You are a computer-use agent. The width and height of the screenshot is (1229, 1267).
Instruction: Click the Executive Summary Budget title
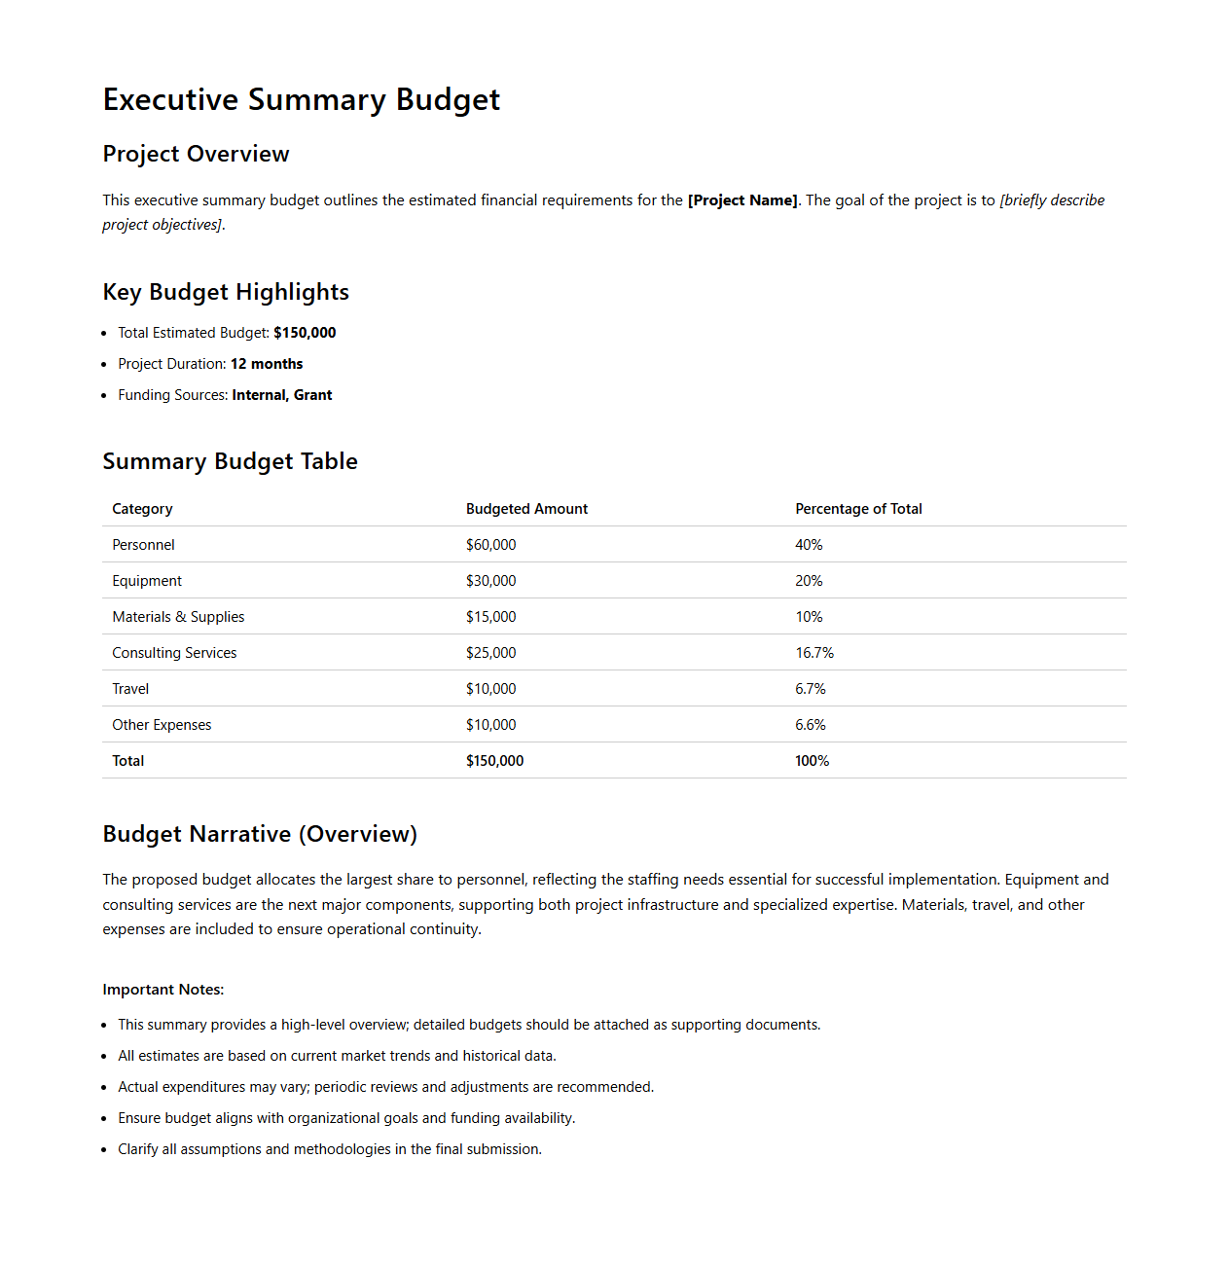(301, 100)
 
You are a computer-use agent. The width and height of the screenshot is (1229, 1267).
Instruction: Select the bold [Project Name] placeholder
(742, 200)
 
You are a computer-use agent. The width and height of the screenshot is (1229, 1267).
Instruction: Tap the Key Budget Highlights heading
(226, 293)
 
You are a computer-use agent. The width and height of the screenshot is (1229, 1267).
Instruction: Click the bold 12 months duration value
(267, 364)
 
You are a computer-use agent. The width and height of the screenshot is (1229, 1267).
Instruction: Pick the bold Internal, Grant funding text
(282, 395)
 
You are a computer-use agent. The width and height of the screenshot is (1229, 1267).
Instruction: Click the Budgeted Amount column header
(526, 509)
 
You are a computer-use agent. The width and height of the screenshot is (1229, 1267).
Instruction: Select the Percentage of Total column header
(858, 509)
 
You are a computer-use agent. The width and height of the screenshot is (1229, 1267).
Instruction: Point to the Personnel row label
(143, 545)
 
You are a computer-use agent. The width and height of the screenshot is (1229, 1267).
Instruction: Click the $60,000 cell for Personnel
(490, 545)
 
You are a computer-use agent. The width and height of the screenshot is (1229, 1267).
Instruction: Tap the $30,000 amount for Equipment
(490, 581)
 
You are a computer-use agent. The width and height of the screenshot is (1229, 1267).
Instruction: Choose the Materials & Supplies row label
(178, 617)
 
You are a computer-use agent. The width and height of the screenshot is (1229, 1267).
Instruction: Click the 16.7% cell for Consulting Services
(814, 653)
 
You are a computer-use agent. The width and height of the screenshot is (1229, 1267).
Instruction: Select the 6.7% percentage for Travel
(811, 689)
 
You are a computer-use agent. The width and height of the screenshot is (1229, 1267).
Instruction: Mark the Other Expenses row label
(162, 725)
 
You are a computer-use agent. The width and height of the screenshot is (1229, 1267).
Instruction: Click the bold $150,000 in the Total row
(494, 761)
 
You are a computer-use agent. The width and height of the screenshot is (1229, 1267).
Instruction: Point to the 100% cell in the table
(812, 761)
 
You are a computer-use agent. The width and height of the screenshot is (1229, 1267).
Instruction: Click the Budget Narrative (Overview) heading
(260, 835)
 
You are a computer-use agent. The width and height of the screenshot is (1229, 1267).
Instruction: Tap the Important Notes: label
(163, 990)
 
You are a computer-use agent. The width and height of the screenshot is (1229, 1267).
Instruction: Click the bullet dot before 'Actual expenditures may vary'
(104, 1088)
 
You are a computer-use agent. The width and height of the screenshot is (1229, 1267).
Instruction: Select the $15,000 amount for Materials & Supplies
(490, 617)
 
